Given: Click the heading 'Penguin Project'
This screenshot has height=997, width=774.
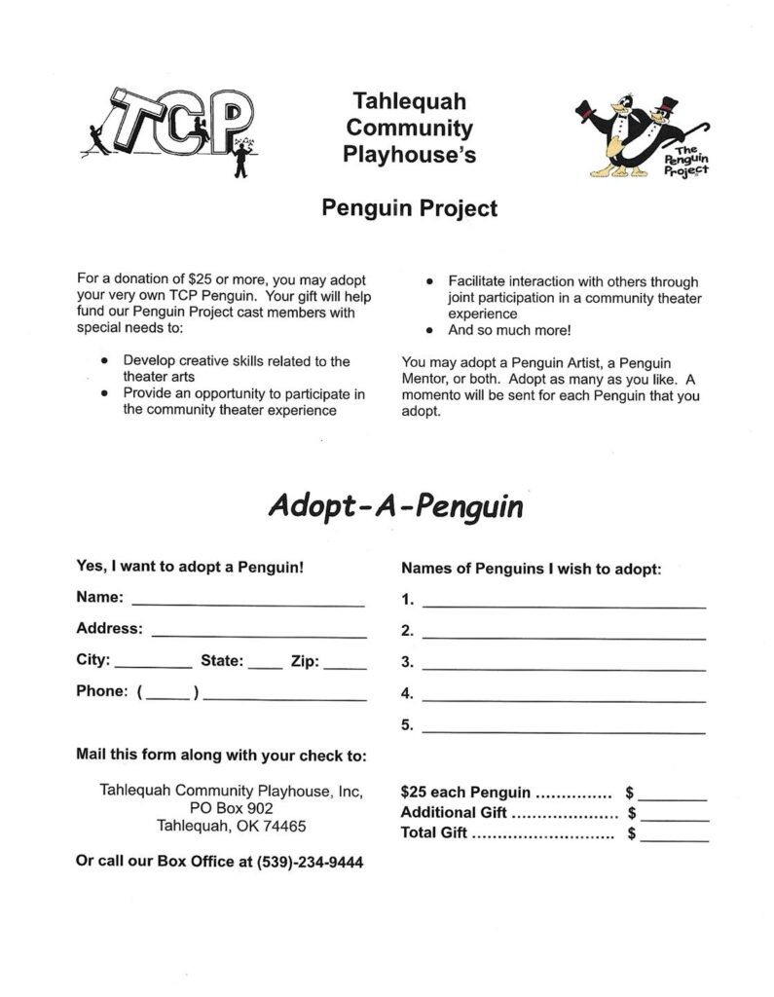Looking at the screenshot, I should click(x=410, y=207).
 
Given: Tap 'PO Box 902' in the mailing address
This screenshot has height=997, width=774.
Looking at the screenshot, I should click(x=232, y=808).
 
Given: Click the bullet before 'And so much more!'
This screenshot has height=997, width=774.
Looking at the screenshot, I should click(x=428, y=330).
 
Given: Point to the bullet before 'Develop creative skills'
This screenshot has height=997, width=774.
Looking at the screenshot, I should click(x=105, y=361).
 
